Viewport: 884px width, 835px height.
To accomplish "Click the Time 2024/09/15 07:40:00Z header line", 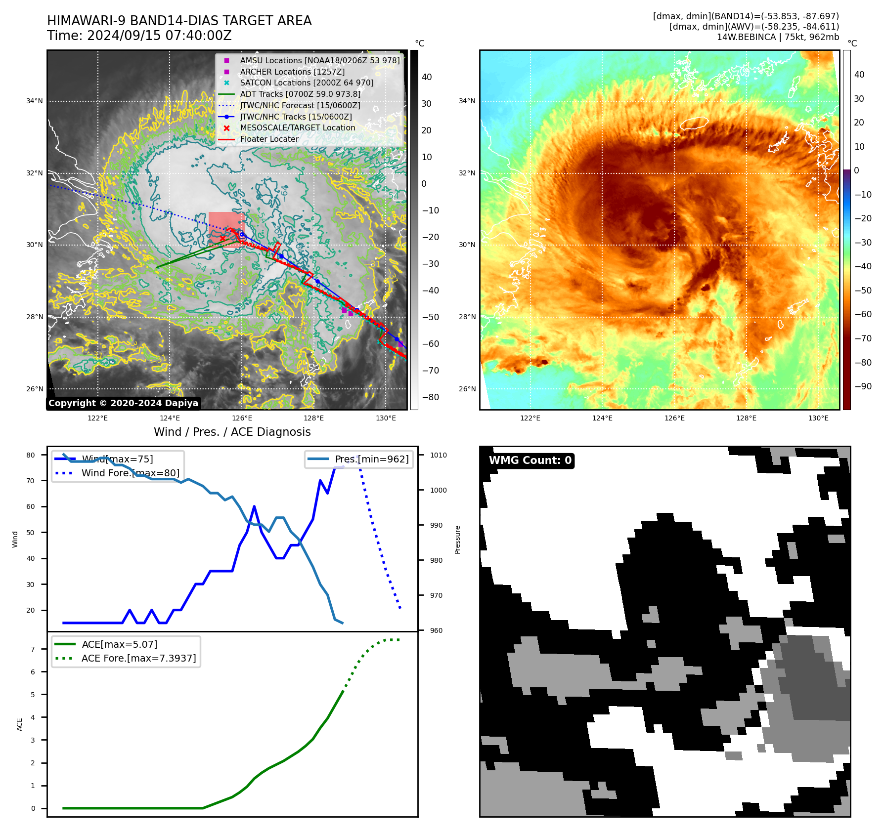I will [x=139, y=36].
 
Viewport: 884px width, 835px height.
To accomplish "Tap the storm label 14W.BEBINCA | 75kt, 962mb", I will [x=778, y=37].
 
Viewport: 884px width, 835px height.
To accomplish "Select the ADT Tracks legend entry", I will [x=300, y=94].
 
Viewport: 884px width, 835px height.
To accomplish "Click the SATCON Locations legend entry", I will [x=307, y=83].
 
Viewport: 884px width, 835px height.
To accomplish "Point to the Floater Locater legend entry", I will [x=269, y=139].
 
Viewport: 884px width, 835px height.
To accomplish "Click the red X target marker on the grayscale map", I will [x=222, y=238].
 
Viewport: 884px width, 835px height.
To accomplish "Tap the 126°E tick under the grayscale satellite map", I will [x=242, y=418].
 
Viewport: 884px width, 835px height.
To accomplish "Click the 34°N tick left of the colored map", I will [x=467, y=101].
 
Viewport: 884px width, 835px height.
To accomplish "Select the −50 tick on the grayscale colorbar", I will [x=430, y=317].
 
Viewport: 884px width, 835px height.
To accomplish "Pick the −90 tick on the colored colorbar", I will [x=863, y=386].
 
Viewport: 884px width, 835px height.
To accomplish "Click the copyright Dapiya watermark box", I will [x=123, y=403].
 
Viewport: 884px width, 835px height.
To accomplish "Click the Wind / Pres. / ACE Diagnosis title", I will [x=232, y=432].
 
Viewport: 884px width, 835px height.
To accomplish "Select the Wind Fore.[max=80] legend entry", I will [x=131, y=473].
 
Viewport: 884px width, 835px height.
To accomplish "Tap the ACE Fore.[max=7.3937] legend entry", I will [x=138, y=658].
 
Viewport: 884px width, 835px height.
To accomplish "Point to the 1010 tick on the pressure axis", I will [x=438, y=455].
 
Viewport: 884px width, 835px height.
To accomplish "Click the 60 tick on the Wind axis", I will [x=31, y=506].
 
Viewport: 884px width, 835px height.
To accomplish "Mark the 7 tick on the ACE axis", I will [x=33, y=649].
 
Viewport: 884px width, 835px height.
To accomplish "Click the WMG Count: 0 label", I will [x=530, y=460].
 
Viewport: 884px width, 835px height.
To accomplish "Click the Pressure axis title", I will [x=457, y=540].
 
